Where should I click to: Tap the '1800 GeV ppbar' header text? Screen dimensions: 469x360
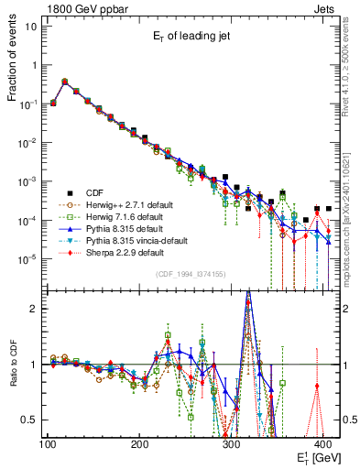(x=79, y=6)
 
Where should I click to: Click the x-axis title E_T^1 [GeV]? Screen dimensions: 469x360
(x=316, y=457)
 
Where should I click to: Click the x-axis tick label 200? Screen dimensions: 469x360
(x=139, y=444)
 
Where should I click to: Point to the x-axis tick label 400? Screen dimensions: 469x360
(x=322, y=444)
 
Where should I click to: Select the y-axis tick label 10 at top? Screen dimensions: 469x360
(x=31, y=26)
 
